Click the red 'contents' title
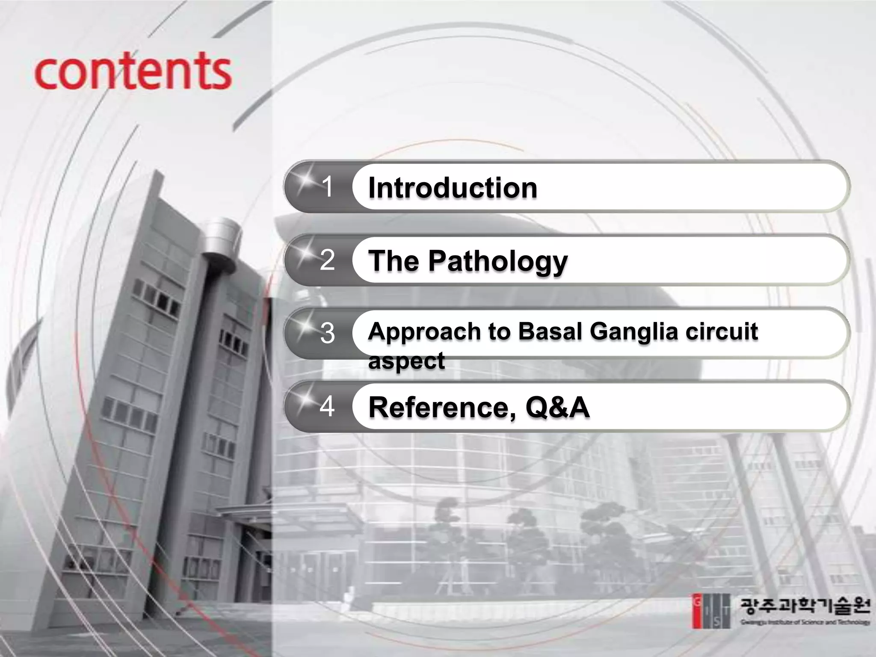pyautogui.click(x=133, y=71)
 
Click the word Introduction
pyautogui.click(x=453, y=188)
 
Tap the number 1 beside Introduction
pyautogui.click(x=327, y=186)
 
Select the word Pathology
pyautogui.click(x=498, y=261)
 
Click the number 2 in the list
pyautogui.click(x=327, y=260)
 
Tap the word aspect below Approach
pyautogui.click(x=406, y=361)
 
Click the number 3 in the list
pyautogui.click(x=327, y=333)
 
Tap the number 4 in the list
pyautogui.click(x=327, y=406)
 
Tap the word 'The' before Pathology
pyautogui.click(x=394, y=260)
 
